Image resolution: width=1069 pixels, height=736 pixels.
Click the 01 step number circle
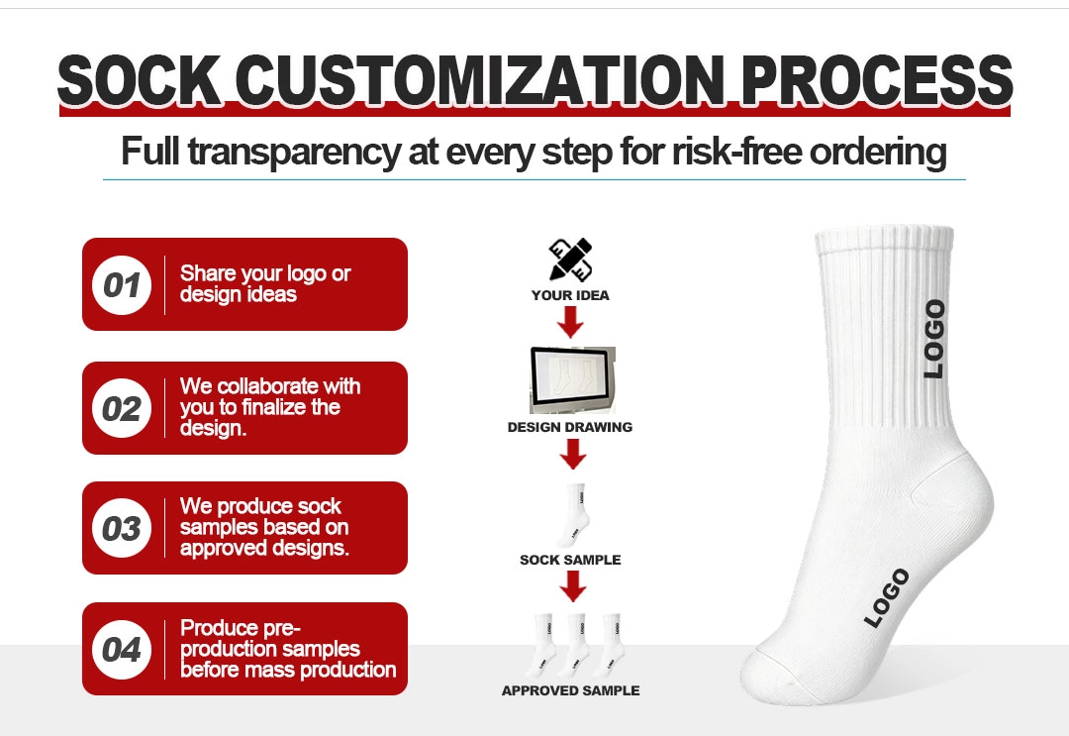(122, 285)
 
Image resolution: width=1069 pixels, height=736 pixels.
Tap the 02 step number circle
(122, 408)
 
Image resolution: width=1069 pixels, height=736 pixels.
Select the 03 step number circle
(122, 528)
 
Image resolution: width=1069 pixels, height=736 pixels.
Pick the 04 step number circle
(122, 650)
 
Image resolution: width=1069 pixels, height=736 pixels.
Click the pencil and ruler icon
(571, 260)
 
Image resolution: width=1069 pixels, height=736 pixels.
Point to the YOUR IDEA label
(571, 295)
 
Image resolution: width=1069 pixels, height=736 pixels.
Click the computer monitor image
(573, 380)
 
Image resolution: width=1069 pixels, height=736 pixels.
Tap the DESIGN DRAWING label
(570, 427)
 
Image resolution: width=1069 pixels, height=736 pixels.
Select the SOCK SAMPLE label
(570, 560)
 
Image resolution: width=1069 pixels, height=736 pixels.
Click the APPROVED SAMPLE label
(571, 691)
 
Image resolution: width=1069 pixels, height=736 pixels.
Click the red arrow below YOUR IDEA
(571, 322)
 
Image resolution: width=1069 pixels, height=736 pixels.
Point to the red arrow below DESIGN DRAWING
(573, 454)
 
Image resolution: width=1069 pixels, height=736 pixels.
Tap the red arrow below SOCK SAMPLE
(573, 586)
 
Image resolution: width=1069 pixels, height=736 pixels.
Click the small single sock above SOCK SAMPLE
(574, 515)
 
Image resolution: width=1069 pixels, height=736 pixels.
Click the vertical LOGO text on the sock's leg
(934, 339)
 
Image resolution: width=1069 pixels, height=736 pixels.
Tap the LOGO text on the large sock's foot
(886, 598)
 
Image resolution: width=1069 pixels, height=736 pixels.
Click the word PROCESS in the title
(877, 80)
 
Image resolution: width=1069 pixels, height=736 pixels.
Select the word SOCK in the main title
(140, 80)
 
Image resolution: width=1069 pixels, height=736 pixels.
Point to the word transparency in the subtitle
(295, 153)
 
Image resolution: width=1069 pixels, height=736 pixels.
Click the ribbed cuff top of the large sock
(885, 240)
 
